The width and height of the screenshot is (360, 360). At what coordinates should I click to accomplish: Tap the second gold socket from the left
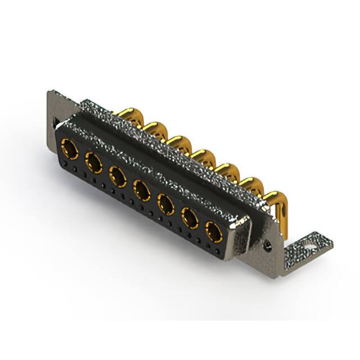[93, 163]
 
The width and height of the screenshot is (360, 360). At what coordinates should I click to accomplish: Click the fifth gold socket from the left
[165, 202]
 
